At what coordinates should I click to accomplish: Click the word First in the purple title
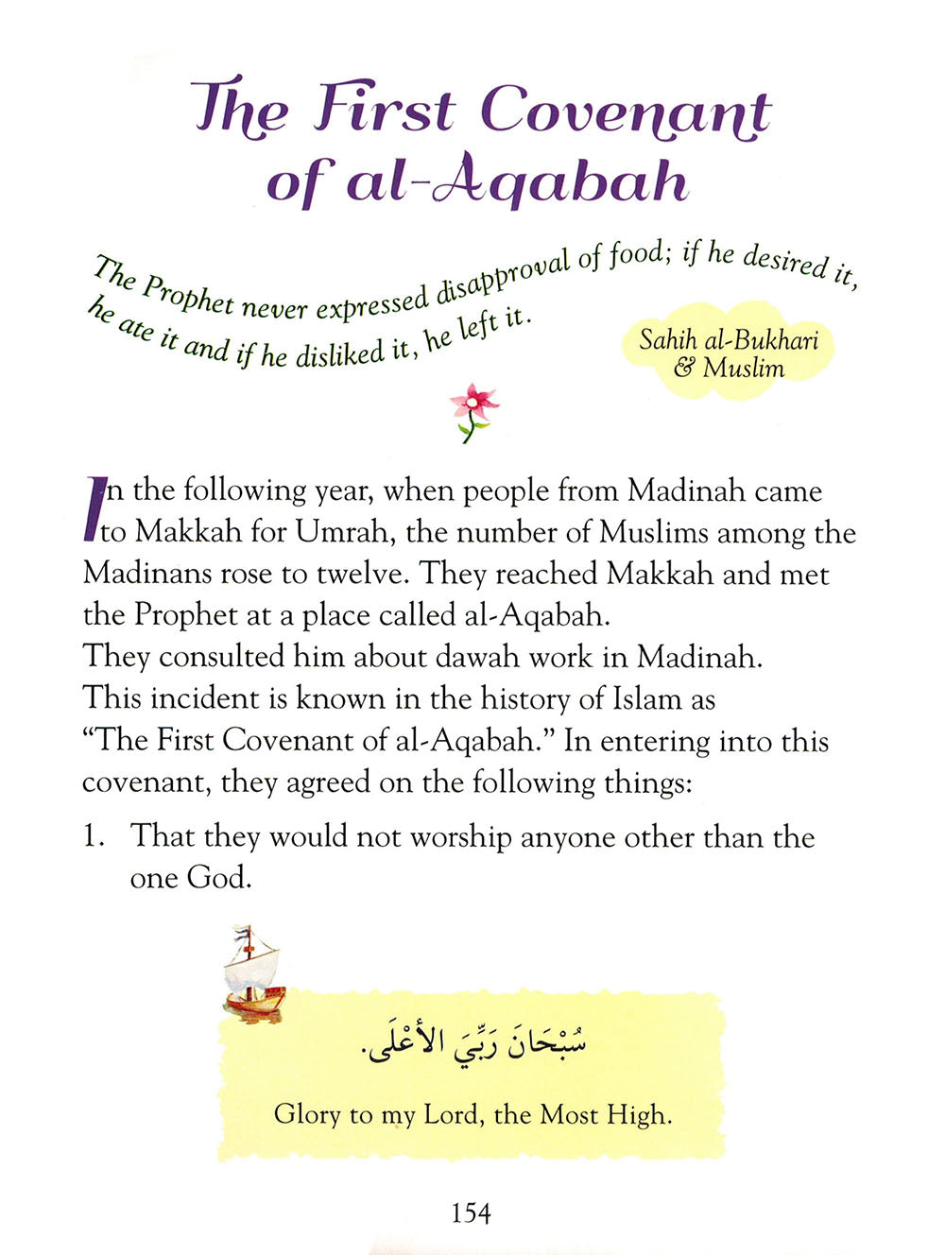pos(386,108)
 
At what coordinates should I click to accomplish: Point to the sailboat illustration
pos(252,973)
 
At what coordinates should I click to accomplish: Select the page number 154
pos(471,1212)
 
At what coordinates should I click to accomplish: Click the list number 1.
pos(93,837)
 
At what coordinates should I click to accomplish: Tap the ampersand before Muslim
pos(683,368)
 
